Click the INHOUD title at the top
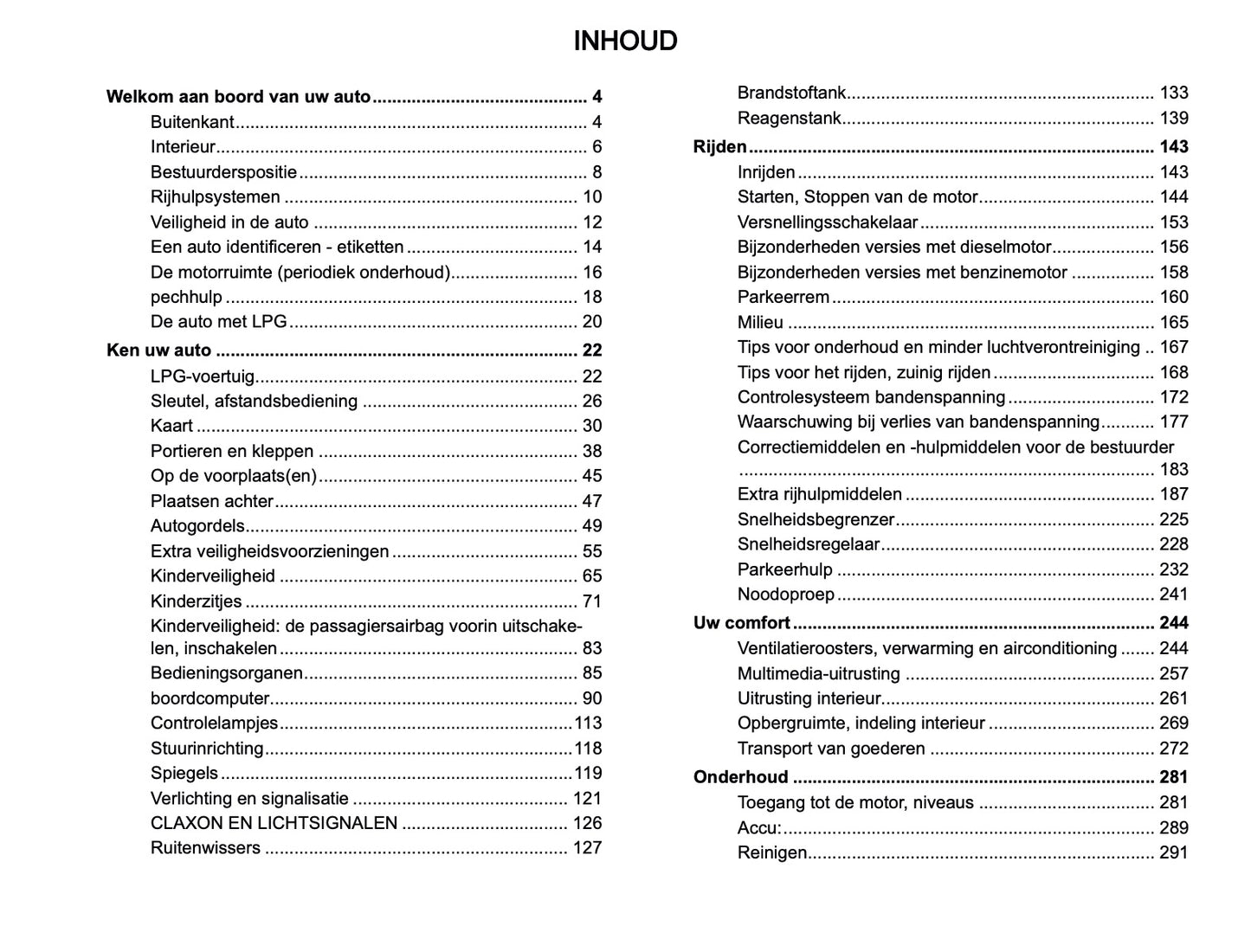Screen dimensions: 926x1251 (x=625, y=41)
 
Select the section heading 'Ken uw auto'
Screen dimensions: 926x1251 (x=158, y=350)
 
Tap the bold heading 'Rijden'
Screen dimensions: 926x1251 (x=719, y=147)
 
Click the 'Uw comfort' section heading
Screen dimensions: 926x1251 (x=741, y=623)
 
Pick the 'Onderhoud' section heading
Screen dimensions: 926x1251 (x=740, y=777)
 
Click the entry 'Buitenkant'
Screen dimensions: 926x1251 (x=192, y=122)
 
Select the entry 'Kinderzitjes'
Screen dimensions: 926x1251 (x=196, y=601)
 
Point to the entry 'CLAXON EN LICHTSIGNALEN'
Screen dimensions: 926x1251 (x=274, y=823)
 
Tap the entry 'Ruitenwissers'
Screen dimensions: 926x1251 (x=205, y=848)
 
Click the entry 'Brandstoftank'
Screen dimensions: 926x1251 (x=791, y=93)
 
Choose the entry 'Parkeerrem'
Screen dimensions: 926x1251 (x=783, y=297)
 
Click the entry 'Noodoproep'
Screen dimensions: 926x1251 (x=785, y=595)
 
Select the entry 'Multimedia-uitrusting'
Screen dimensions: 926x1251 (x=818, y=673)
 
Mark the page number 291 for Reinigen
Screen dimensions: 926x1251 (x=1173, y=852)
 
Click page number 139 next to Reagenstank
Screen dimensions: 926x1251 (x=1173, y=119)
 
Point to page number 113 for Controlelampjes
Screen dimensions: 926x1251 (x=588, y=723)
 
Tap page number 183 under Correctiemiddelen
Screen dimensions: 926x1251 (x=1173, y=470)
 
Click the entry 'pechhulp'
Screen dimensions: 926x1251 (x=186, y=297)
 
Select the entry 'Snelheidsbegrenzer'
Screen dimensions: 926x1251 (x=816, y=520)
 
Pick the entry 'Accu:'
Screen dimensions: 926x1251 (x=758, y=828)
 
